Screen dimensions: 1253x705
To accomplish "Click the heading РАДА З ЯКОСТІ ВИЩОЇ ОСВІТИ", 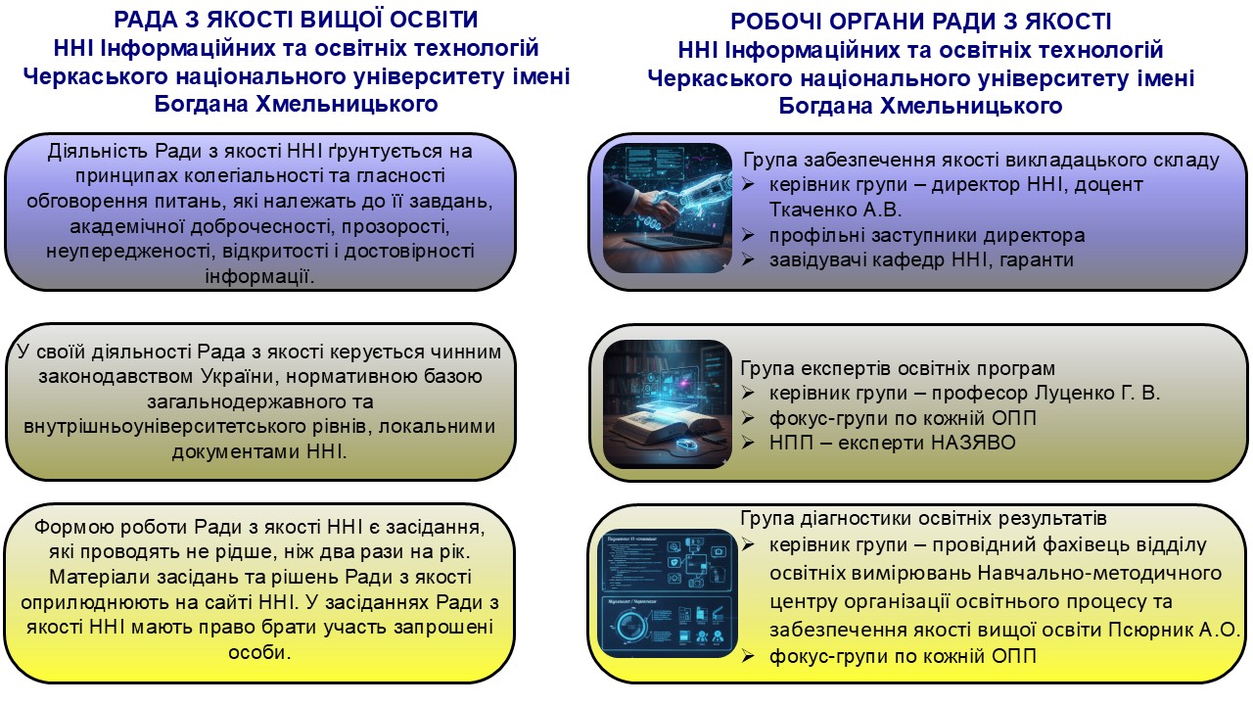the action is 296,20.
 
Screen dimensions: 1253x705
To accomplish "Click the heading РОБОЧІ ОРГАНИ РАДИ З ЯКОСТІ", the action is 921,22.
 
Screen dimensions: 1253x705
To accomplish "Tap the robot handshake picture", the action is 668,209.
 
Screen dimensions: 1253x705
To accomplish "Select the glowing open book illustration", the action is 668,404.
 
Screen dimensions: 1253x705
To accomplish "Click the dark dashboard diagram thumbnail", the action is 668,593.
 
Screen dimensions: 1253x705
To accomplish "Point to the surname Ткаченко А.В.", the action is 836,210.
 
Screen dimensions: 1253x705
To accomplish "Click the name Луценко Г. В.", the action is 1097,393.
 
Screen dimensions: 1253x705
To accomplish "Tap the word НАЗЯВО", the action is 973,443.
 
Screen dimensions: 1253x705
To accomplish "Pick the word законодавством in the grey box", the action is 115,376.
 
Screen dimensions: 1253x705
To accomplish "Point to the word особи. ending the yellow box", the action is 259,652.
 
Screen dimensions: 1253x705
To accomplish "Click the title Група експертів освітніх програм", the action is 898,368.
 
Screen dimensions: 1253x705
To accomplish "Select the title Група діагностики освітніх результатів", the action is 923,518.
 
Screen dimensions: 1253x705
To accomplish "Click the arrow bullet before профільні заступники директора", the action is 748,235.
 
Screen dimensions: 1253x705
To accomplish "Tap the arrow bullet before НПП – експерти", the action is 748,443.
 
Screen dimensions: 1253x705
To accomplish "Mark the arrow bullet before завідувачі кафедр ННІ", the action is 748,259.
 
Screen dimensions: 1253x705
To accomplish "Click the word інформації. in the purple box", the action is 259,276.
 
